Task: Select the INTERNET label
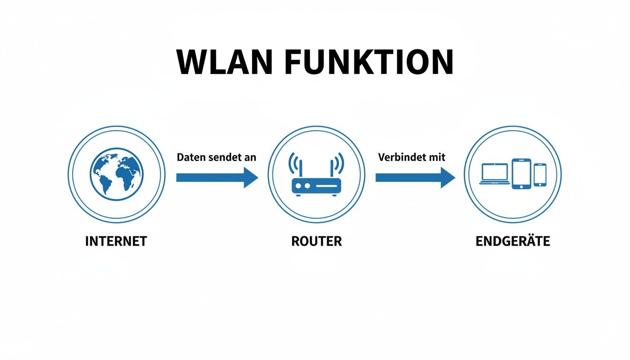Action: point(116,241)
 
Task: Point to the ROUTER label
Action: point(316,241)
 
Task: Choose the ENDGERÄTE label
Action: point(512,241)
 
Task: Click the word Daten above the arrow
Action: point(190,157)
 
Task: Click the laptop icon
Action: point(494,174)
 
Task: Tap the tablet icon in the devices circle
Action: point(521,174)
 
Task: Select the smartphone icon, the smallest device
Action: point(540,174)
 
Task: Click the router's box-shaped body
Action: point(316,186)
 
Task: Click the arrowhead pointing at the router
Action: point(250,178)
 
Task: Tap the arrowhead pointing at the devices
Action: point(448,178)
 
